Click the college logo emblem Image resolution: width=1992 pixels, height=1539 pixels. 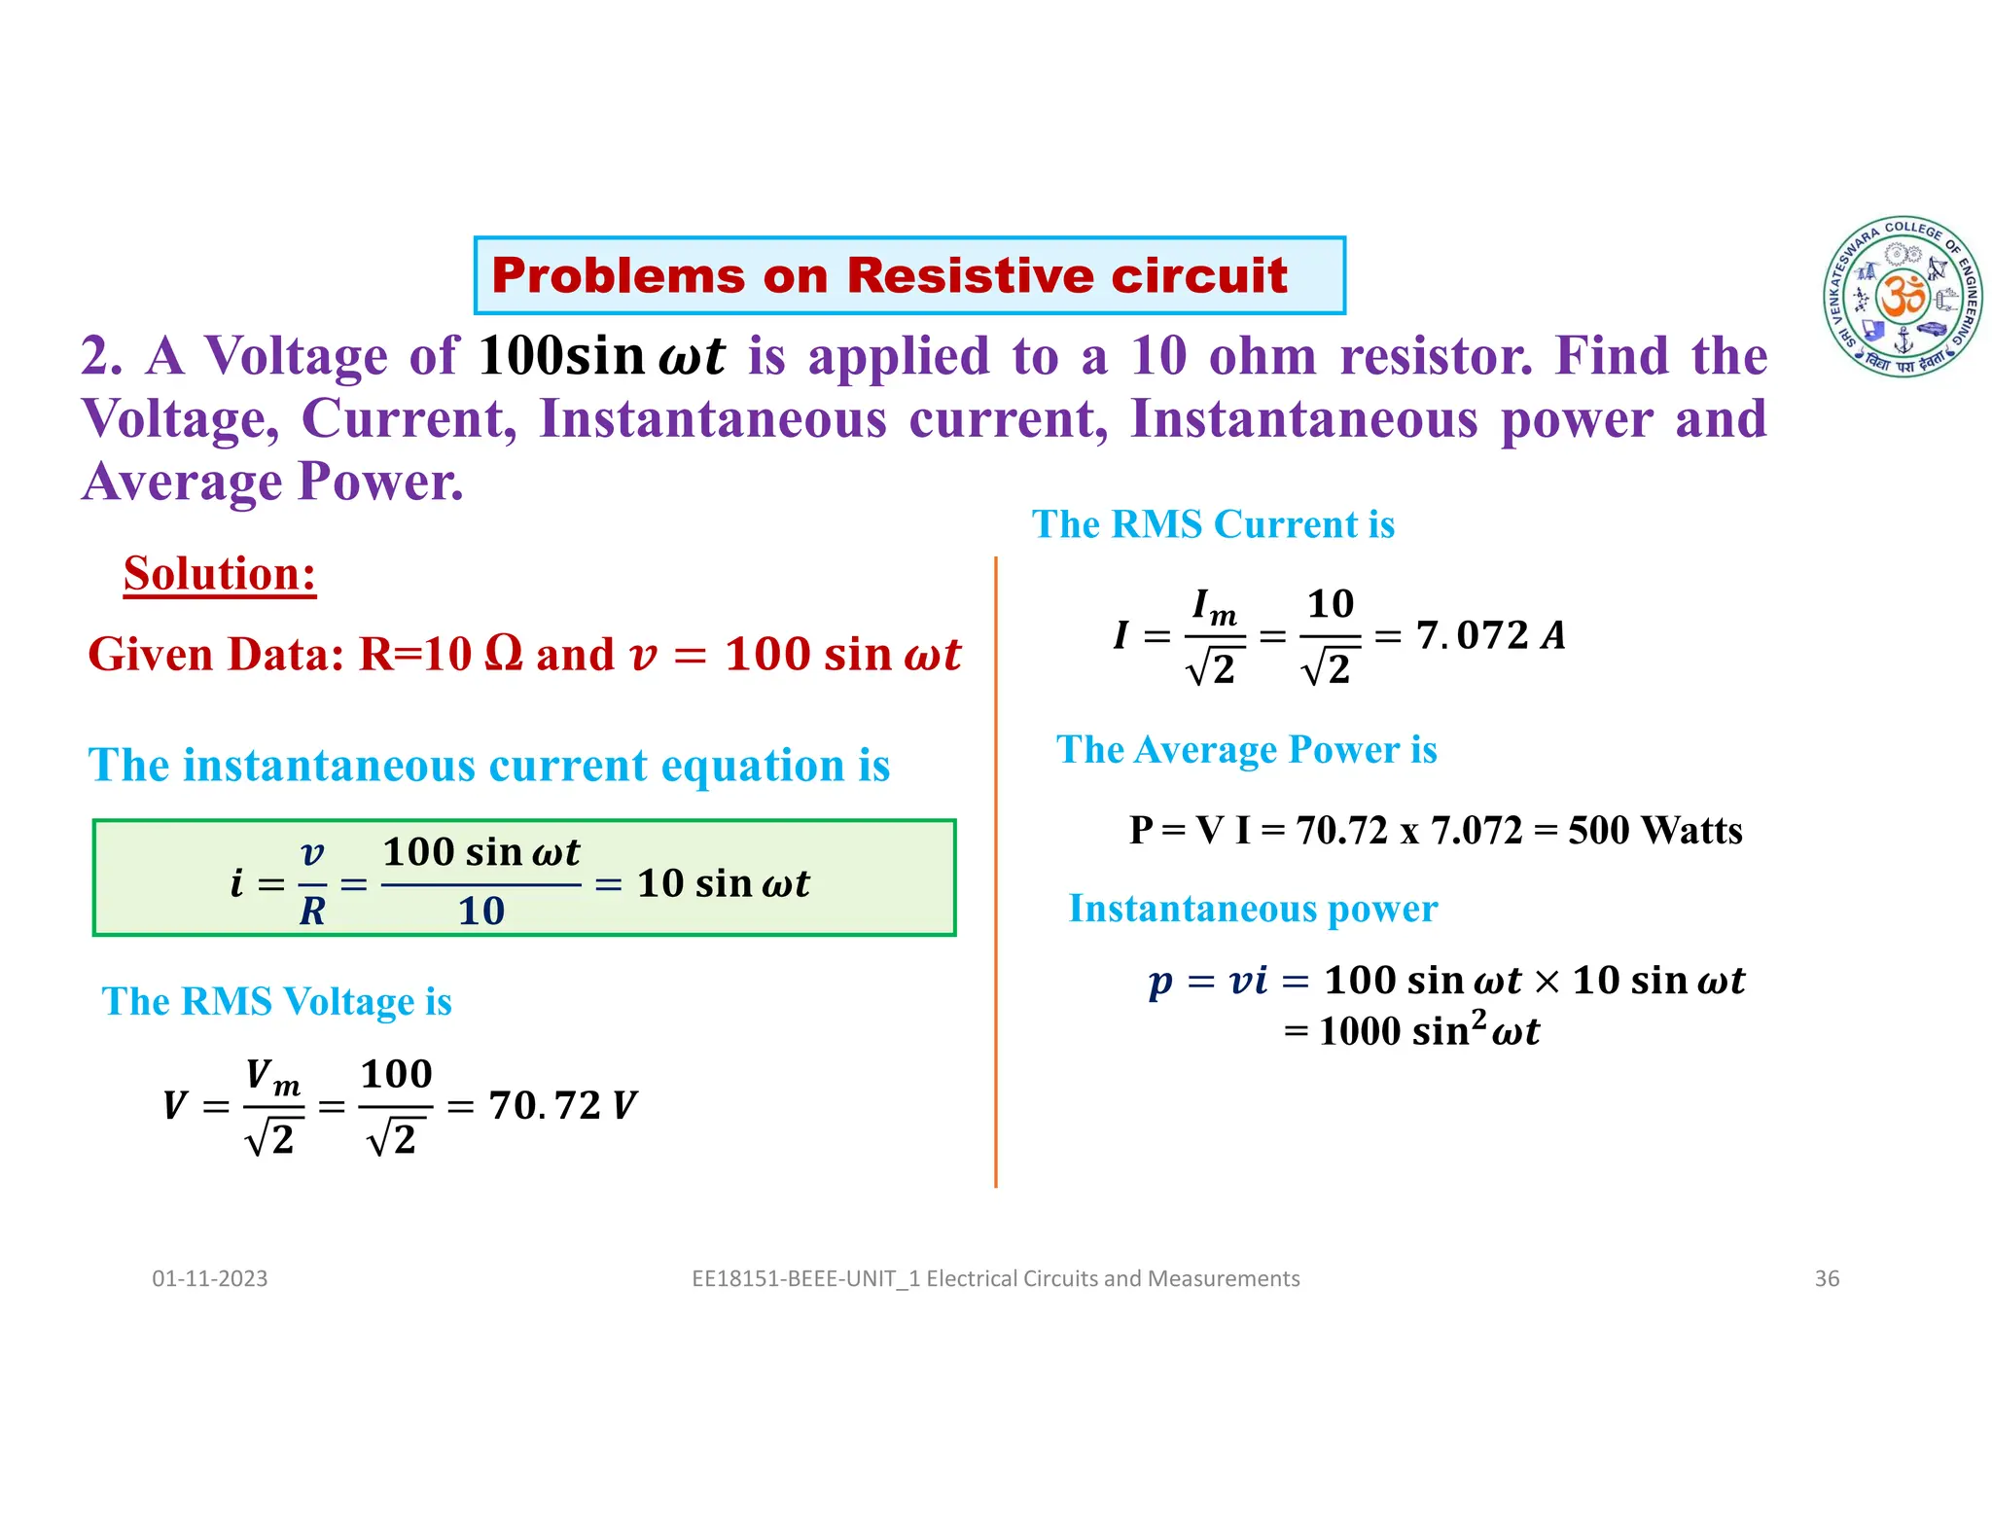pos(1903,297)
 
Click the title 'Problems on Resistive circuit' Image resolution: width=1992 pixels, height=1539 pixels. pos(889,275)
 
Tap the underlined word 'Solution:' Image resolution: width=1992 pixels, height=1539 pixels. pos(220,573)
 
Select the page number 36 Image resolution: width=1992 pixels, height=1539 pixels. pos(1827,1278)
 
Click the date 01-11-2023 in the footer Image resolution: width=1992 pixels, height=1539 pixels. pos(209,1278)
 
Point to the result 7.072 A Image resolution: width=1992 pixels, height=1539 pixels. pos(1490,635)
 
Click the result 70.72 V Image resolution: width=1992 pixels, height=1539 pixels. pos(562,1105)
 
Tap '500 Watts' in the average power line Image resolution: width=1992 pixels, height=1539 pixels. pos(1654,830)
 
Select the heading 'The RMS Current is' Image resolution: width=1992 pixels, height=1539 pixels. pos(1213,524)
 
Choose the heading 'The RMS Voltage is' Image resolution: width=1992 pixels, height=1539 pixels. pos(277,1001)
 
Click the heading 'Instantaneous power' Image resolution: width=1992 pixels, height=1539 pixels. pos(1253,908)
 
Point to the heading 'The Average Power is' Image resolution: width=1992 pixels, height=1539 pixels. pos(1246,749)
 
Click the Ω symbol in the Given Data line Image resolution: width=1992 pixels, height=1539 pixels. pos(503,652)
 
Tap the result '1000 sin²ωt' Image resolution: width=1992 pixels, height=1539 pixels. pos(1428,1030)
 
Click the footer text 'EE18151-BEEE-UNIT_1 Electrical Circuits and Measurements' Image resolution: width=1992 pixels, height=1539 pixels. pos(995,1278)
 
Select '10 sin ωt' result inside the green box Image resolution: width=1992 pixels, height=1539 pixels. pos(723,883)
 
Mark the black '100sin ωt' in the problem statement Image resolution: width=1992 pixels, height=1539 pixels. pos(601,356)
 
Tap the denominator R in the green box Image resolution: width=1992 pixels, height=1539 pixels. pos(312,912)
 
